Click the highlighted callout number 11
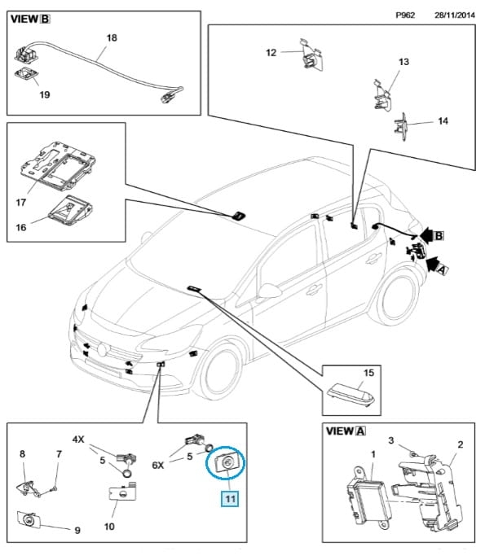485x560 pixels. point(230,499)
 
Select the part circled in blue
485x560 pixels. point(225,463)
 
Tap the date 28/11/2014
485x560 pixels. point(455,15)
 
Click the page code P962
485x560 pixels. point(405,15)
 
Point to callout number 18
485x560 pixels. point(112,38)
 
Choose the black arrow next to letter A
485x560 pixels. point(432,264)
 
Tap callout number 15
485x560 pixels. point(368,373)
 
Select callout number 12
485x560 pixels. point(271,52)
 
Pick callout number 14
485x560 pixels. point(443,121)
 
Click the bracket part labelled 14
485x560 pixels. point(400,127)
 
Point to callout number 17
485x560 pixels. point(20,203)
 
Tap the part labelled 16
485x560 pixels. point(70,210)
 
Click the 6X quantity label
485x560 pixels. point(158,465)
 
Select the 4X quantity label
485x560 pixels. point(78,440)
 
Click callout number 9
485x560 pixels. point(77,531)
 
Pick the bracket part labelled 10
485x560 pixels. point(123,492)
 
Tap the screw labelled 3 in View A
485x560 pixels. point(413,454)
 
